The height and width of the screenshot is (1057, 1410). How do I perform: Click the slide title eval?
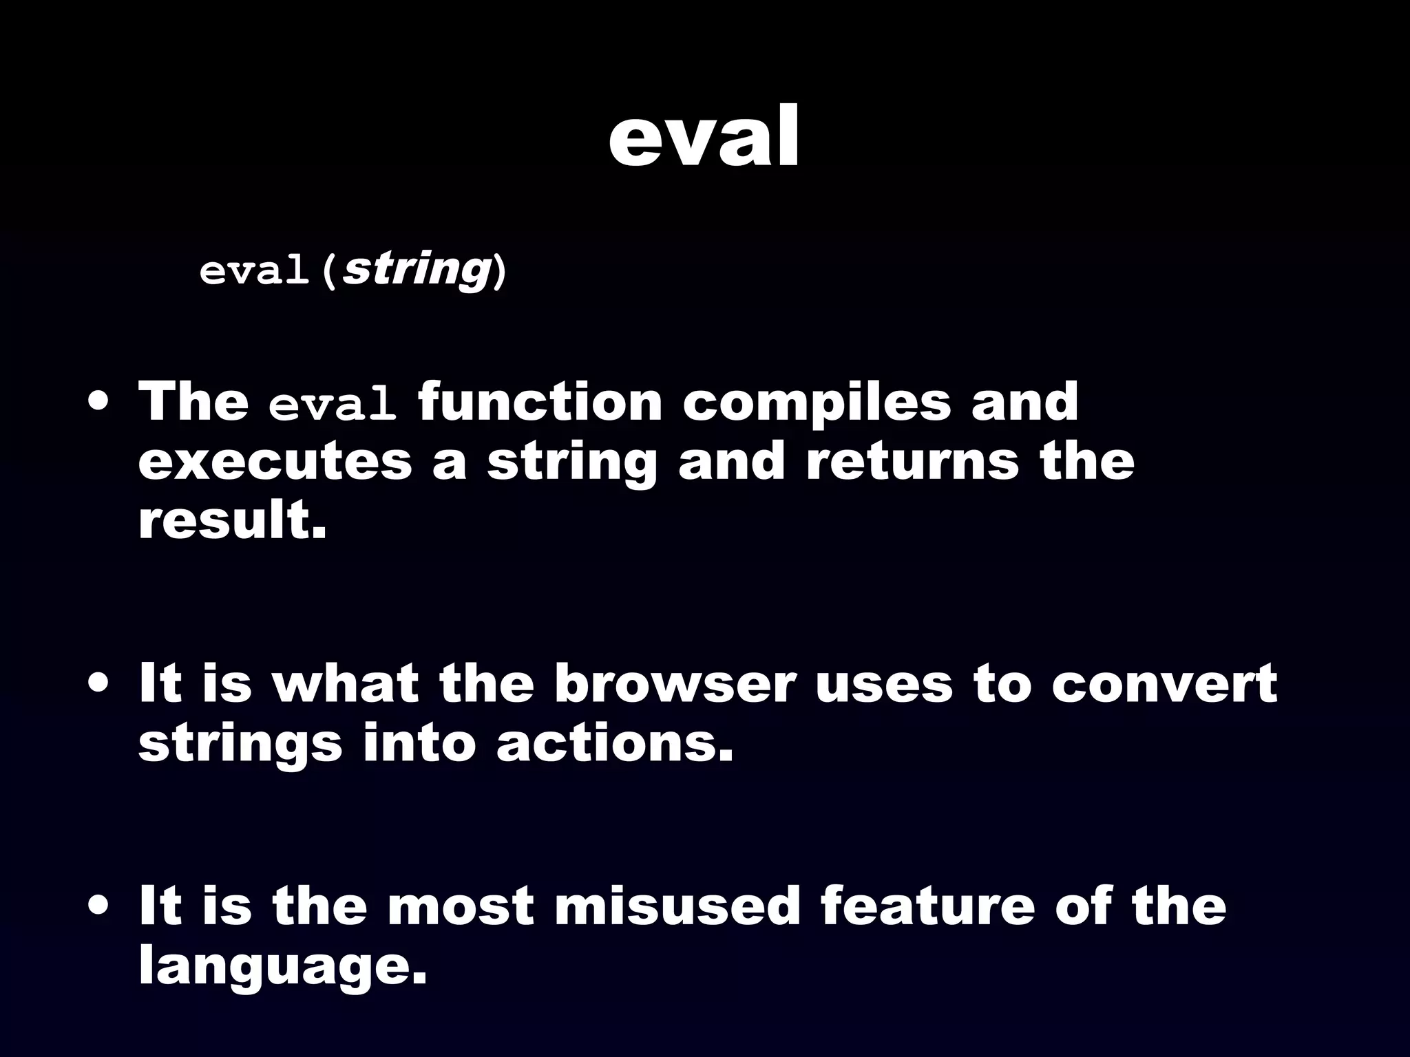[x=704, y=138]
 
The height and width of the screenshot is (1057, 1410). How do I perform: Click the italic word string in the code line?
[x=416, y=270]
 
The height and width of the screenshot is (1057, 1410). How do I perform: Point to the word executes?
[x=275, y=462]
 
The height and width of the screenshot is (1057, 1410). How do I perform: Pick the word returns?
[x=913, y=462]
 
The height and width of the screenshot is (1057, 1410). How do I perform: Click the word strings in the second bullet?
[x=240, y=745]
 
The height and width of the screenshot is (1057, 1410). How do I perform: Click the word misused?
[x=677, y=906]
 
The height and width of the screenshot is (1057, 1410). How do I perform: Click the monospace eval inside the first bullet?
[x=333, y=406]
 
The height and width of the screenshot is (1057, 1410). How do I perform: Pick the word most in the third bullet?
[x=461, y=906]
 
